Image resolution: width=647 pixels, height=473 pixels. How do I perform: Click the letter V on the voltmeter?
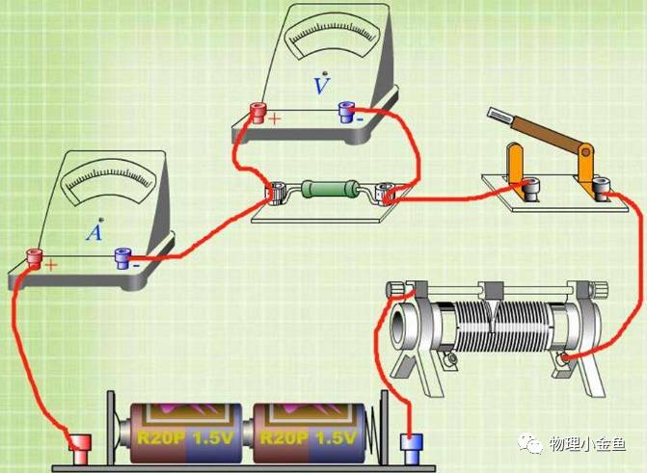323,86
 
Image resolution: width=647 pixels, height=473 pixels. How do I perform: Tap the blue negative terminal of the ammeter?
121,257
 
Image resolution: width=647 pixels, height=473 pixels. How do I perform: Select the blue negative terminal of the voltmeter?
345,114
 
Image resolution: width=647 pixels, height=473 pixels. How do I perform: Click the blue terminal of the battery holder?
411,446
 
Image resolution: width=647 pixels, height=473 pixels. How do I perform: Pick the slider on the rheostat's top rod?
490,290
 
